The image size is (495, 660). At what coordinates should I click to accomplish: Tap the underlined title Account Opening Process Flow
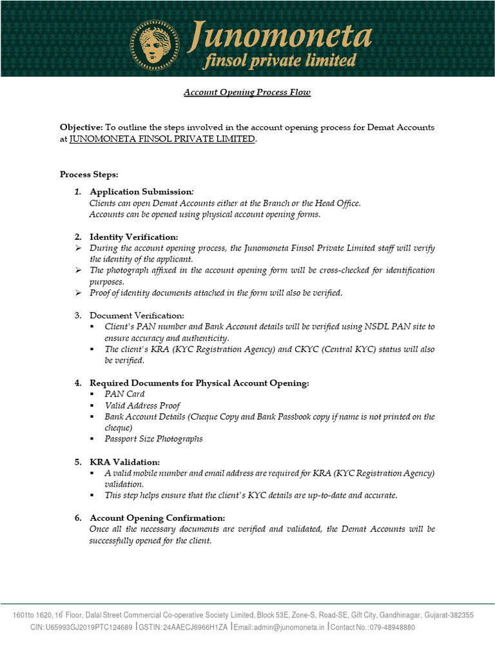pyautogui.click(x=247, y=92)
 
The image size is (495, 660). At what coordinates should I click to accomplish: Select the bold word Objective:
pyautogui.click(x=81, y=128)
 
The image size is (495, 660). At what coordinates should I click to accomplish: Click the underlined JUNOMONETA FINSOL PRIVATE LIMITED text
pyautogui.click(x=162, y=139)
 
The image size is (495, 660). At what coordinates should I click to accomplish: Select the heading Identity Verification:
pyautogui.click(x=133, y=237)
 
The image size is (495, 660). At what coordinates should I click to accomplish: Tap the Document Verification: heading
pyautogui.click(x=137, y=315)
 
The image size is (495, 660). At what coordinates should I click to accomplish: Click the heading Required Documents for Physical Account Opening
pyautogui.click(x=199, y=383)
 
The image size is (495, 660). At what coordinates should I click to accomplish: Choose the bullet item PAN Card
pyautogui.click(x=124, y=394)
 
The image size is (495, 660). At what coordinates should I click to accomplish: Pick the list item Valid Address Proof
pyautogui.click(x=142, y=405)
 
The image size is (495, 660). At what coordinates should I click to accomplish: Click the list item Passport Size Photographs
pyautogui.click(x=153, y=439)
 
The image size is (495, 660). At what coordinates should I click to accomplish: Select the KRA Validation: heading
pyautogui.click(x=124, y=462)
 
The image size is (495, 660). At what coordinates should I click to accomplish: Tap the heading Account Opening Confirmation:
pyautogui.click(x=157, y=518)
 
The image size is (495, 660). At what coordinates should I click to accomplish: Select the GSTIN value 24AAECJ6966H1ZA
pyautogui.click(x=195, y=627)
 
